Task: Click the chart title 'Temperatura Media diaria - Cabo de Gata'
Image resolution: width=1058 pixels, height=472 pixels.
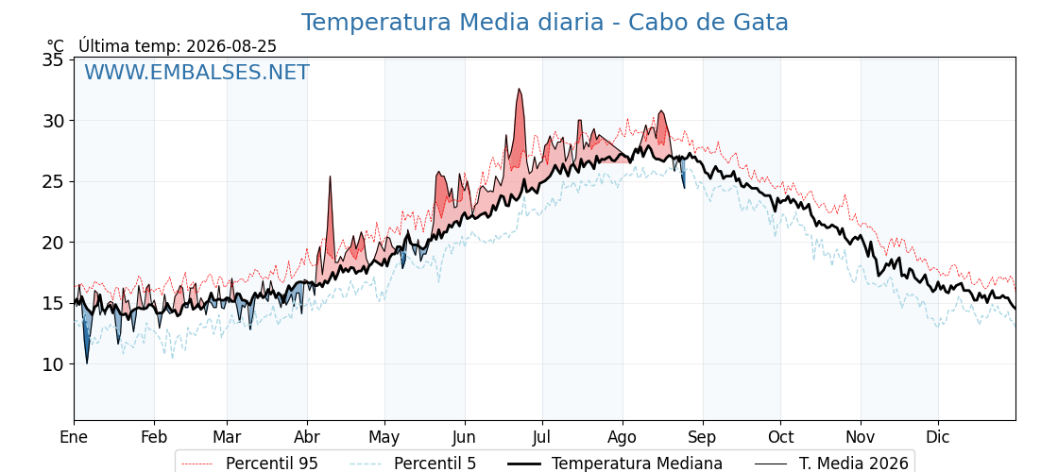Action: [544, 23]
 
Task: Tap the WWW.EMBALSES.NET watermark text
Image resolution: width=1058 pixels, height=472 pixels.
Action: [197, 72]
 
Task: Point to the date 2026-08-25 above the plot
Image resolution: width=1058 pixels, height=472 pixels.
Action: [231, 46]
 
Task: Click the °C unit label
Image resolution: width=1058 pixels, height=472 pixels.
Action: [56, 46]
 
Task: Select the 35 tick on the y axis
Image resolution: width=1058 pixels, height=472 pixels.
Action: [54, 60]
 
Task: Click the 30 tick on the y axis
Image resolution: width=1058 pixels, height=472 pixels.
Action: [54, 121]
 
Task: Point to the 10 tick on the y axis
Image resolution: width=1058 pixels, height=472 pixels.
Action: [54, 364]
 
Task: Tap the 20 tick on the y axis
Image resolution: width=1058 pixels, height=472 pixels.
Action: [54, 243]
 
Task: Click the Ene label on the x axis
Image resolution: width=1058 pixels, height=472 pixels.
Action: [75, 437]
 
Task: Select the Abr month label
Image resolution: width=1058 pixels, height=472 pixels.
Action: [307, 437]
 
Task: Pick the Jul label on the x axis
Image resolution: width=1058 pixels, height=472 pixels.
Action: [542, 437]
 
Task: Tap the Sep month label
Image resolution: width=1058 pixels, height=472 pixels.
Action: [703, 438]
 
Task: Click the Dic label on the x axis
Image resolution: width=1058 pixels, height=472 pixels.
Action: [938, 437]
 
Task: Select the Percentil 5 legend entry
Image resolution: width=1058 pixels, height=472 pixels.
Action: [413, 464]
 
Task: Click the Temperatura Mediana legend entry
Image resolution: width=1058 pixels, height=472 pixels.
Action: [615, 464]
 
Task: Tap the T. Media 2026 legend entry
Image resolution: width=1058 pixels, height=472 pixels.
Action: [831, 464]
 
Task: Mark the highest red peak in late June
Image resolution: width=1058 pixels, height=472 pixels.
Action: [519, 89]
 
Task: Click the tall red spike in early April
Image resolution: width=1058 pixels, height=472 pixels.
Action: [330, 177]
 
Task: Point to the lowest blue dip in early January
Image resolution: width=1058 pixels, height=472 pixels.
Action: [86, 362]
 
